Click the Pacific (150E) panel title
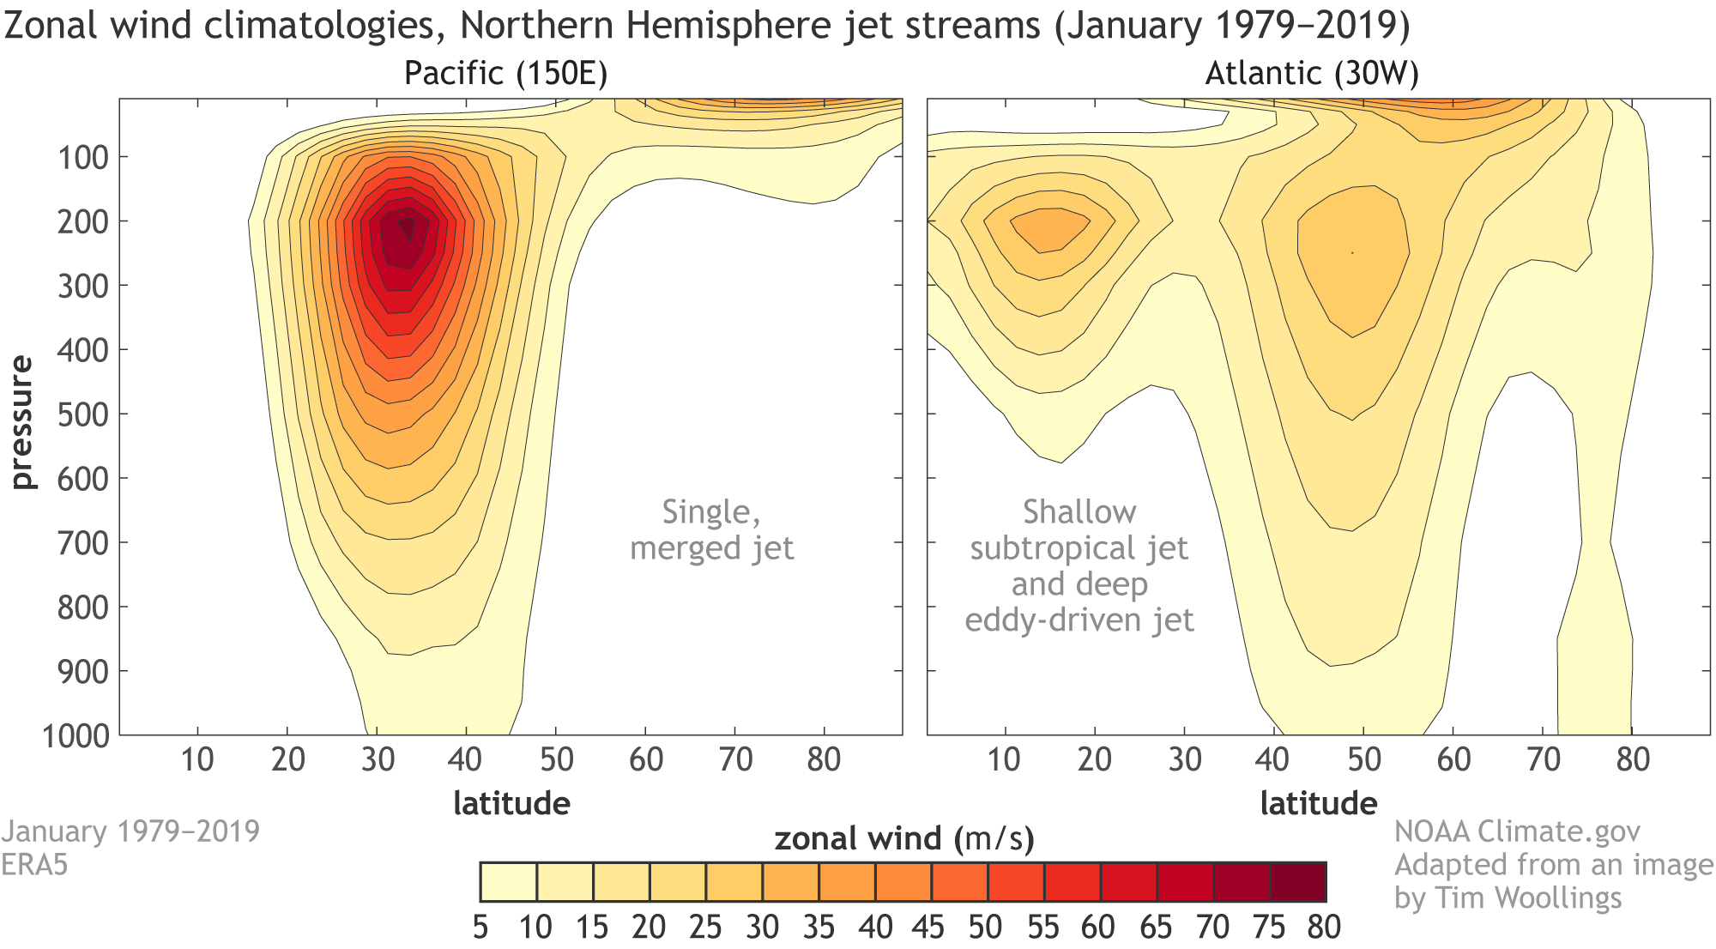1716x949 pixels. tap(505, 74)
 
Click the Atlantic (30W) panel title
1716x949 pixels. tap(1312, 74)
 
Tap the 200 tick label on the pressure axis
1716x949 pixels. tap(82, 222)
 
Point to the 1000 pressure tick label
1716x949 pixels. tap(76, 736)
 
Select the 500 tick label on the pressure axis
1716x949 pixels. tap(82, 415)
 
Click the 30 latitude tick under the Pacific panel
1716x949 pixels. tap(378, 759)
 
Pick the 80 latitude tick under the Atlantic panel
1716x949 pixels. tap(1633, 759)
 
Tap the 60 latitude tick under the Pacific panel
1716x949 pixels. tap(646, 759)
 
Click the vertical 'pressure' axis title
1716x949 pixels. tap(21, 422)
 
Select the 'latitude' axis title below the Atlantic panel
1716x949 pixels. tap(1319, 804)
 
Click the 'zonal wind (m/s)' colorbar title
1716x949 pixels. tap(904, 838)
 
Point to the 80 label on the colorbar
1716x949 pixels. tap(1324, 928)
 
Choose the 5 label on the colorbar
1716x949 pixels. tap(480, 928)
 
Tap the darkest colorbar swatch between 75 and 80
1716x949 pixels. tap(1298, 882)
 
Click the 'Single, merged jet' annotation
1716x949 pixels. tap(712, 529)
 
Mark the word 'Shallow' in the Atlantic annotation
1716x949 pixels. tap(1079, 512)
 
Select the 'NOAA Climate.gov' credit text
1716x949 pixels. tap(1517, 831)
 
